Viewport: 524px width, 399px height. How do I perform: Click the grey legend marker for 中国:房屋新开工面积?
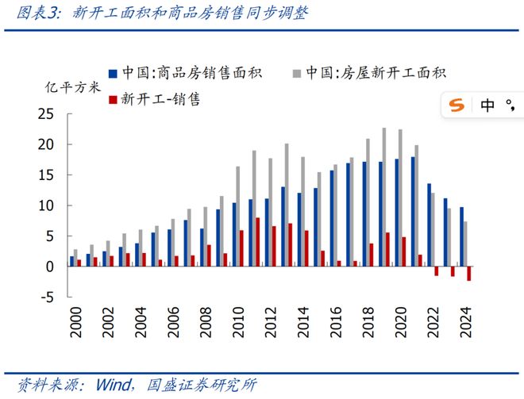tap(298, 73)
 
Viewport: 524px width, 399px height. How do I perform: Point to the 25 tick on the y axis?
tap(45, 114)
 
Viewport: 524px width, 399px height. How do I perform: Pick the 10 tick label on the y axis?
tap(45, 205)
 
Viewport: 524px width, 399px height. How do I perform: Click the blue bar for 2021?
tap(412, 211)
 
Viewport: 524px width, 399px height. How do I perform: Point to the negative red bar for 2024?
tap(469, 274)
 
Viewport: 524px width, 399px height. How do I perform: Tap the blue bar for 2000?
tap(71, 261)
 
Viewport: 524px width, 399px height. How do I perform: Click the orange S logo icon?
tap(457, 106)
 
